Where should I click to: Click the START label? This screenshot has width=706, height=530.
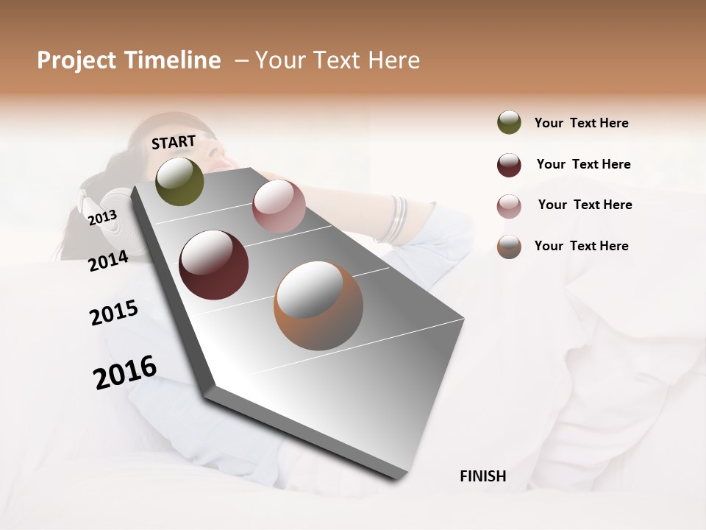[174, 141]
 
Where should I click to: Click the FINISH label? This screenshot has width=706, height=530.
[482, 476]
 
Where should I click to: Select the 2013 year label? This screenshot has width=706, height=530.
[102, 217]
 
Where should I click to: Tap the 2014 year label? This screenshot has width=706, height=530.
[108, 261]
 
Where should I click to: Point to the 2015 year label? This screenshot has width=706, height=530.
[114, 313]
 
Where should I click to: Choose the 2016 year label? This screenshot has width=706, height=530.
[125, 372]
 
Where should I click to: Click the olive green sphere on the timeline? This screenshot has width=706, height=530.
[179, 181]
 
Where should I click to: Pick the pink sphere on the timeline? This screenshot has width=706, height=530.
[279, 206]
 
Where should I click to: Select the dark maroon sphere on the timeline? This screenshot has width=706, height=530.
[214, 265]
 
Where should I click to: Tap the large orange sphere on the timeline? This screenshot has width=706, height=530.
[318, 305]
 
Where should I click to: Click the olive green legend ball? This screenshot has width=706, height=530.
[509, 123]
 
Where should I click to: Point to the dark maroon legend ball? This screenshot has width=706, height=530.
[509, 165]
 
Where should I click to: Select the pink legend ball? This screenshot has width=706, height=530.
[509, 206]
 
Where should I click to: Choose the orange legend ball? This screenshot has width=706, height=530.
[509, 247]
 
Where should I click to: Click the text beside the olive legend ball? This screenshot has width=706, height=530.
[581, 123]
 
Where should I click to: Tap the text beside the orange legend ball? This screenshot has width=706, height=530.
[581, 246]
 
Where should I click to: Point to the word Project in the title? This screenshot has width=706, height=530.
[76, 60]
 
